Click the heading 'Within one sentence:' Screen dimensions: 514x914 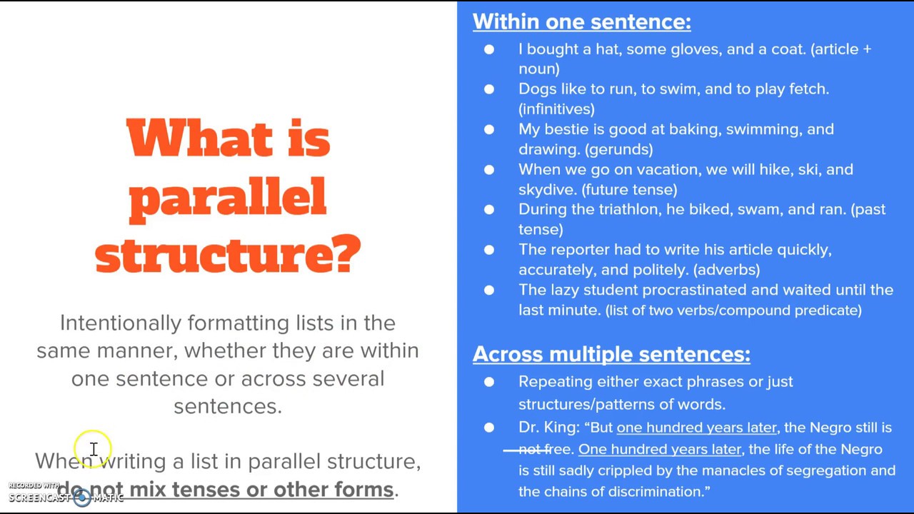[x=581, y=22]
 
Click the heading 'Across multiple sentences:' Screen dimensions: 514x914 [x=611, y=354]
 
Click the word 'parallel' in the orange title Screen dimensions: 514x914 [x=228, y=196]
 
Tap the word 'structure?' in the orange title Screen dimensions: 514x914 [x=228, y=253]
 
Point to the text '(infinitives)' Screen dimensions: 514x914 [x=556, y=109]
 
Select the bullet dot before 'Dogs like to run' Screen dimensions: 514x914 [x=489, y=89]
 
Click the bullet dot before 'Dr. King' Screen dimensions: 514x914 [x=489, y=428]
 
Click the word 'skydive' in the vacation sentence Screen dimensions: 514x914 [x=547, y=189]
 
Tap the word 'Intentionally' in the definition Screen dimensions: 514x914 [x=120, y=323]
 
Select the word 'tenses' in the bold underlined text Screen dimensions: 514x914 [x=206, y=490]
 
